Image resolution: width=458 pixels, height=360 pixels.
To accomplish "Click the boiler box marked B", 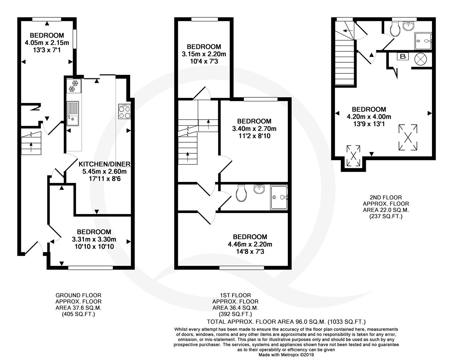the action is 403,57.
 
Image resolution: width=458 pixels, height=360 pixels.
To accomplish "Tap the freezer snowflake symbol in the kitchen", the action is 74,86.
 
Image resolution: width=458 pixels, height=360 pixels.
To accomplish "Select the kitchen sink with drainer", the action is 73,113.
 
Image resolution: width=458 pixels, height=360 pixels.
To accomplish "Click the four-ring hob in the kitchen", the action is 124,111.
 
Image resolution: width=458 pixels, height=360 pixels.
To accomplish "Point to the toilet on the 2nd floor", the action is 395,30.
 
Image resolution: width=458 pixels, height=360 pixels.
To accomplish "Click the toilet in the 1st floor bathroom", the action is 242,193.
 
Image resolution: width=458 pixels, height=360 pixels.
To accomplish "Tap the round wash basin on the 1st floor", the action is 259,189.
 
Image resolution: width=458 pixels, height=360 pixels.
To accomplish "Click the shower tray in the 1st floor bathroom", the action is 279,197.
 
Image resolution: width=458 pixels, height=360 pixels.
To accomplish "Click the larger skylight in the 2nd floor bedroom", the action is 408,138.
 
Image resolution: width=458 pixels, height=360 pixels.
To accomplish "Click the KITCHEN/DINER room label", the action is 104,164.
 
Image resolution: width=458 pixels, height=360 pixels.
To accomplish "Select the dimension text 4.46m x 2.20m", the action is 250,244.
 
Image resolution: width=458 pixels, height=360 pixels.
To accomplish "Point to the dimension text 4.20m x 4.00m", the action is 369,117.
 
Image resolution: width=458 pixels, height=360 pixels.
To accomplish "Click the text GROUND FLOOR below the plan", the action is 78,295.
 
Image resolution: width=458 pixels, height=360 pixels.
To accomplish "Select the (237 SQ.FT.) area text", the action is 386,216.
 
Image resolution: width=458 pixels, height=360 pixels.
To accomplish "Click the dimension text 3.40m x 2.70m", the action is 254,129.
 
